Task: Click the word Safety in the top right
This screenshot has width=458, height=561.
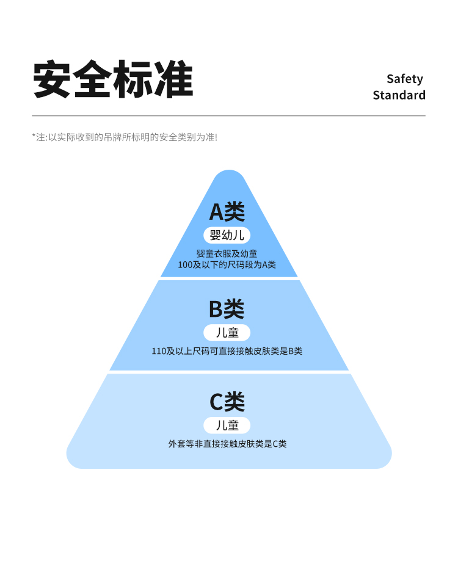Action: [405, 79]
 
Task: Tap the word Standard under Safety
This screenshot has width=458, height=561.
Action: [399, 95]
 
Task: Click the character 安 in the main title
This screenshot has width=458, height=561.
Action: [52, 79]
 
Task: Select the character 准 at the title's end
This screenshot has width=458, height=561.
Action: [174, 79]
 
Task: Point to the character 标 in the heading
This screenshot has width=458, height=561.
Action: [134, 79]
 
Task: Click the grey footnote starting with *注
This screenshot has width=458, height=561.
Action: [125, 137]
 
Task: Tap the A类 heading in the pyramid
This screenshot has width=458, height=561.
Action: [227, 212]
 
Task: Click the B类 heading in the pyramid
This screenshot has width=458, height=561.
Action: [227, 309]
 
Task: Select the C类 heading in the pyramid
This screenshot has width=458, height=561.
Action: [227, 402]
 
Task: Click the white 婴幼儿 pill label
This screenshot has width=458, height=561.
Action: [227, 236]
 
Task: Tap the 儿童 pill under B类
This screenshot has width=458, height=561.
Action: [227, 333]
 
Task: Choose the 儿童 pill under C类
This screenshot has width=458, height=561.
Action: [227, 425]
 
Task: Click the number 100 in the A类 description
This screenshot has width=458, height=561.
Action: [185, 265]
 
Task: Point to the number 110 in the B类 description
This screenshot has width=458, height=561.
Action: [159, 352]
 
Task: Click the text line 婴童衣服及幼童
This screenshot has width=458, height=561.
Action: [227, 254]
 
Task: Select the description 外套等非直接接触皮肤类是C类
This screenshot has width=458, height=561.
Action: [227, 444]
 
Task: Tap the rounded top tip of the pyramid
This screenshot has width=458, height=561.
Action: [229, 172]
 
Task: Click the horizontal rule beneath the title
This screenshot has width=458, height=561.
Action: [228, 115]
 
